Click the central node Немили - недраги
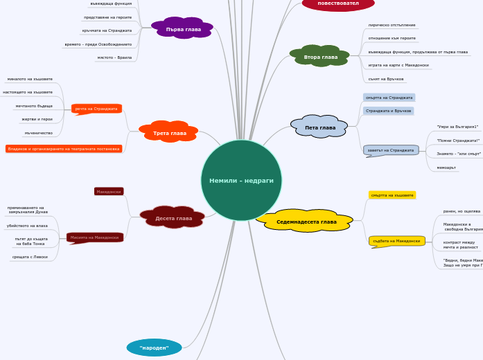click(x=241, y=180)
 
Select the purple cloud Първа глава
click(x=183, y=29)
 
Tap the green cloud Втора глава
click(x=320, y=57)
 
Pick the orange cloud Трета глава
click(x=169, y=132)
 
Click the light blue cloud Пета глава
click(x=319, y=127)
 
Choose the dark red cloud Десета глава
click(x=173, y=218)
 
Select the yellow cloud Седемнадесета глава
click(x=306, y=222)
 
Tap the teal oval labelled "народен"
click(x=154, y=348)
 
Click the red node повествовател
click(x=338, y=3)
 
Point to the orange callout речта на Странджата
click(x=96, y=109)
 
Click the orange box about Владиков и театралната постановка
click(x=64, y=149)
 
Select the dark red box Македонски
click(x=109, y=191)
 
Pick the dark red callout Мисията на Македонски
click(x=94, y=237)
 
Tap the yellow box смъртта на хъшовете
click(x=392, y=195)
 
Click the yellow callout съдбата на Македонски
click(x=396, y=241)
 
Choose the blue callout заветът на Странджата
click(x=391, y=150)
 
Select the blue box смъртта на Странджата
click(x=389, y=98)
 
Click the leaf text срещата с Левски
click(x=30, y=257)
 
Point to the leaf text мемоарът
click(x=446, y=168)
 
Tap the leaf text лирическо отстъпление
click(x=392, y=25)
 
